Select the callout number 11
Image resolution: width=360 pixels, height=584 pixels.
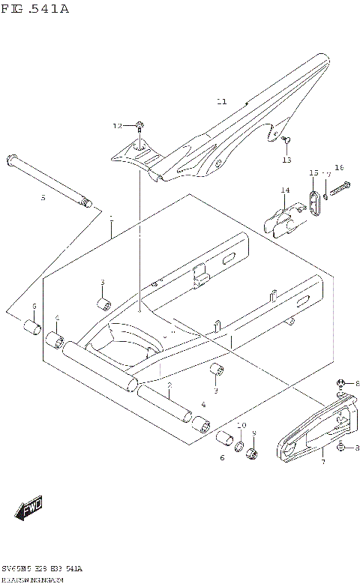tap(221, 101)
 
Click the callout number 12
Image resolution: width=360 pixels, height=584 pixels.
tap(117, 126)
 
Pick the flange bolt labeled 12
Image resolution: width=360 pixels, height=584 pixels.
tap(141, 125)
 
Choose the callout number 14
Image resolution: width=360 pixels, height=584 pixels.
tap(285, 190)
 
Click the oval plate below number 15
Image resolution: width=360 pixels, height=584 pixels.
tap(314, 200)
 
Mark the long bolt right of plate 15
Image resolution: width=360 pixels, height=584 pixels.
tap(338, 187)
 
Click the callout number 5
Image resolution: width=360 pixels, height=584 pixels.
tap(43, 198)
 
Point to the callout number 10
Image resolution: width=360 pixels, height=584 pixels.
tap(241, 425)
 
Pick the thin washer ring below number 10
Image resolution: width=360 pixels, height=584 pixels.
tap(241, 449)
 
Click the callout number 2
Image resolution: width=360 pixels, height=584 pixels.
tap(170, 385)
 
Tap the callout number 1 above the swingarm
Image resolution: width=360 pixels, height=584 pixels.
tap(110, 218)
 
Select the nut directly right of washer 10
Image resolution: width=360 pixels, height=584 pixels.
tap(253, 454)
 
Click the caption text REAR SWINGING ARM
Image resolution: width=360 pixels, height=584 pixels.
tap(37, 579)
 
